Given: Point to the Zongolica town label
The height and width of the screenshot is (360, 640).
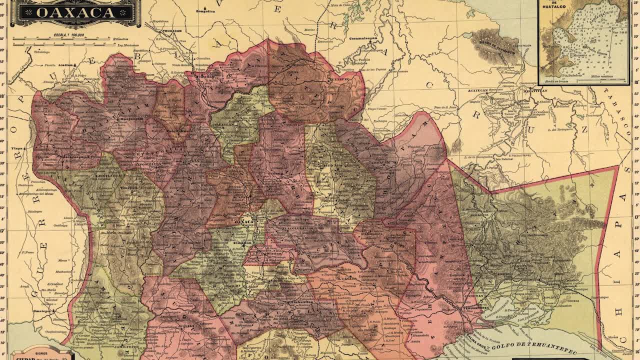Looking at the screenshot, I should pyautogui.click(x=205, y=10).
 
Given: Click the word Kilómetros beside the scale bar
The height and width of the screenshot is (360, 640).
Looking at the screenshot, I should pyautogui.click(x=120, y=39).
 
